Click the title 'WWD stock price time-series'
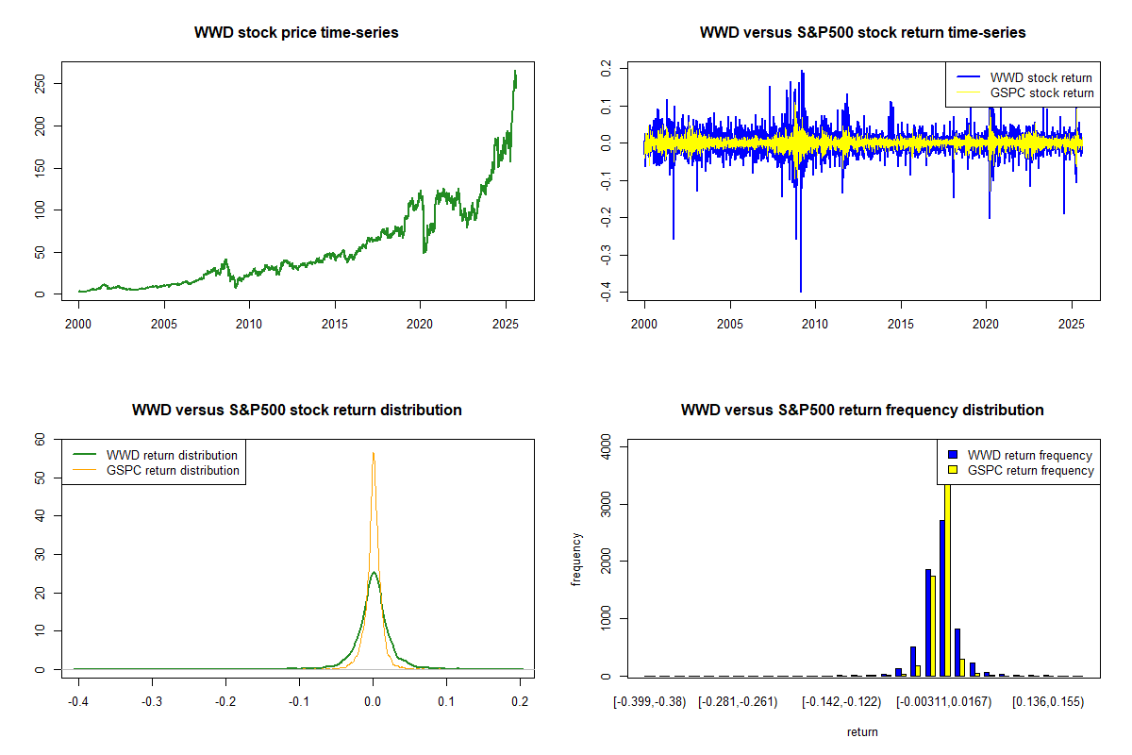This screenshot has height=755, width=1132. coord(296,33)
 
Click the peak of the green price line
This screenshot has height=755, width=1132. coord(515,71)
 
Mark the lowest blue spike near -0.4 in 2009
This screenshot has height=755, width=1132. coord(801,292)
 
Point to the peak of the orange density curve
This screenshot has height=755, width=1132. coord(374,454)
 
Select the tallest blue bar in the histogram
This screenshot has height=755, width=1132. coord(941,598)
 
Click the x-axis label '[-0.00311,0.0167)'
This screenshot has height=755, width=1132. coord(942,702)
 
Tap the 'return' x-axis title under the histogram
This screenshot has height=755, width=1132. coord(862,731)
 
